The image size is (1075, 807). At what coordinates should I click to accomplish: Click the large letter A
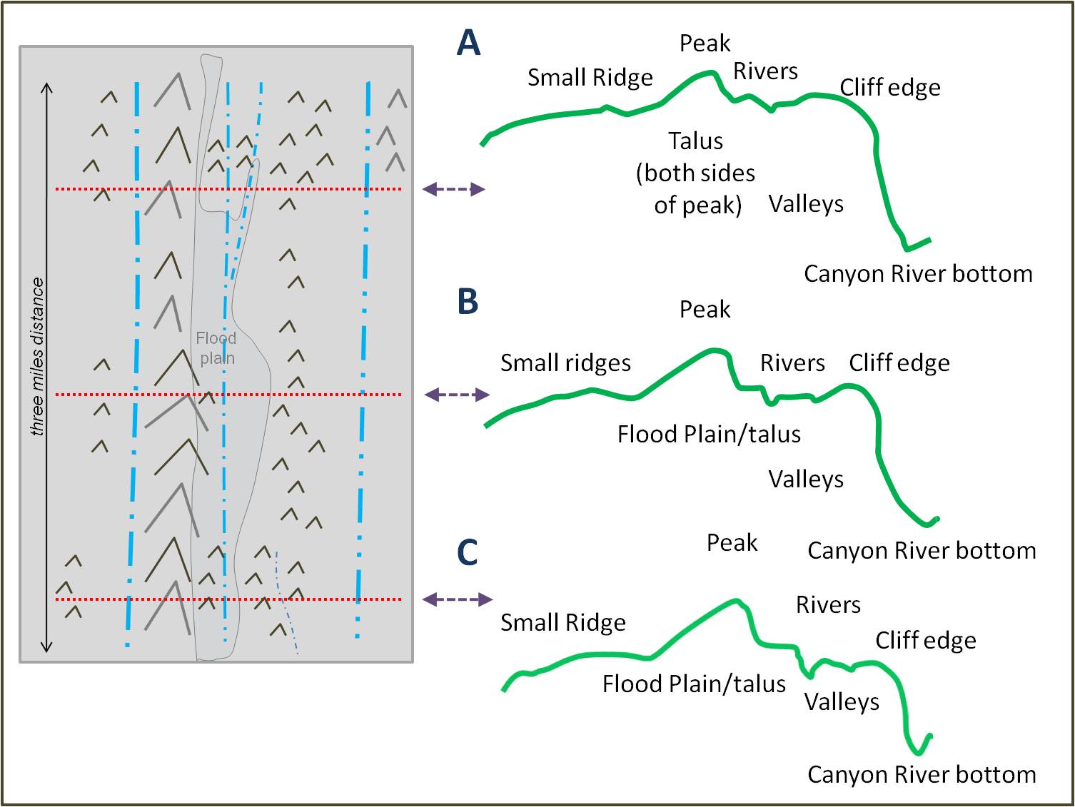point(468,43)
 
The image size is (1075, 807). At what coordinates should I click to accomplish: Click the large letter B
point(468,301)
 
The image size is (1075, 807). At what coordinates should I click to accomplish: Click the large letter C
point(468,552)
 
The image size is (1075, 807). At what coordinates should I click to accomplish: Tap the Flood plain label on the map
point(216,347)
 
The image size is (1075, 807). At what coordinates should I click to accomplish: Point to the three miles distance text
point(37,357)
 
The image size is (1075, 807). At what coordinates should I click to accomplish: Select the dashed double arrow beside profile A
point(454,189)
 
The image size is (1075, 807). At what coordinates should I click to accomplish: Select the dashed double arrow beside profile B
point(457,395)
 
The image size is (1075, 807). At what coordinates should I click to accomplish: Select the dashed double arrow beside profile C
point(458,599)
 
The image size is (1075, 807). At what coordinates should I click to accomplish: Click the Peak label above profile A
point(705,44)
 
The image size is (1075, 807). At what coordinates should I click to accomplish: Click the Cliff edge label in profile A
point(889,87)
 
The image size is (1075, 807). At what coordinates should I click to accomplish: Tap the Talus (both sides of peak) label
point(696,173)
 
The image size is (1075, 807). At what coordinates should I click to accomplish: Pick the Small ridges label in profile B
point(565,363)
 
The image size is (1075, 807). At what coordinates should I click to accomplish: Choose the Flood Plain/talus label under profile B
point(709,434)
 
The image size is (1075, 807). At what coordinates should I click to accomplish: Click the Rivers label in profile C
point(828,605)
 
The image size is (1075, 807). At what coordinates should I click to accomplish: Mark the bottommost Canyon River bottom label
point(922,774)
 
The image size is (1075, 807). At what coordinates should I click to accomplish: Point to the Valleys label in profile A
point(806,204)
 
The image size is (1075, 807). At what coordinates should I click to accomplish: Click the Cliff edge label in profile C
point(926,641)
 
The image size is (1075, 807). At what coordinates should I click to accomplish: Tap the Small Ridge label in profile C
point(562,623)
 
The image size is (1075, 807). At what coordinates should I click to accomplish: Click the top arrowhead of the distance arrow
point(47,88)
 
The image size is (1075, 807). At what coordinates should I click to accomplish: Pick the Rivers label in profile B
point(792,363)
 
